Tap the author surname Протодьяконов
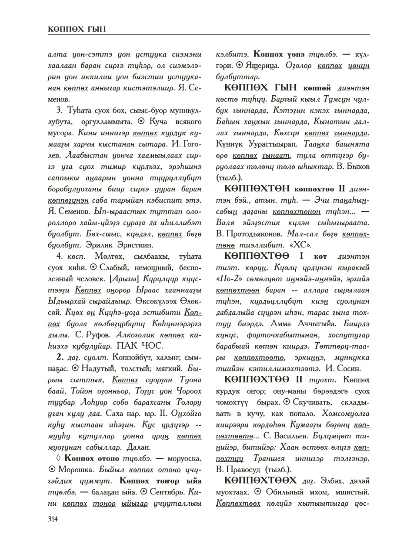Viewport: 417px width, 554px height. click(x=254, y=234)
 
